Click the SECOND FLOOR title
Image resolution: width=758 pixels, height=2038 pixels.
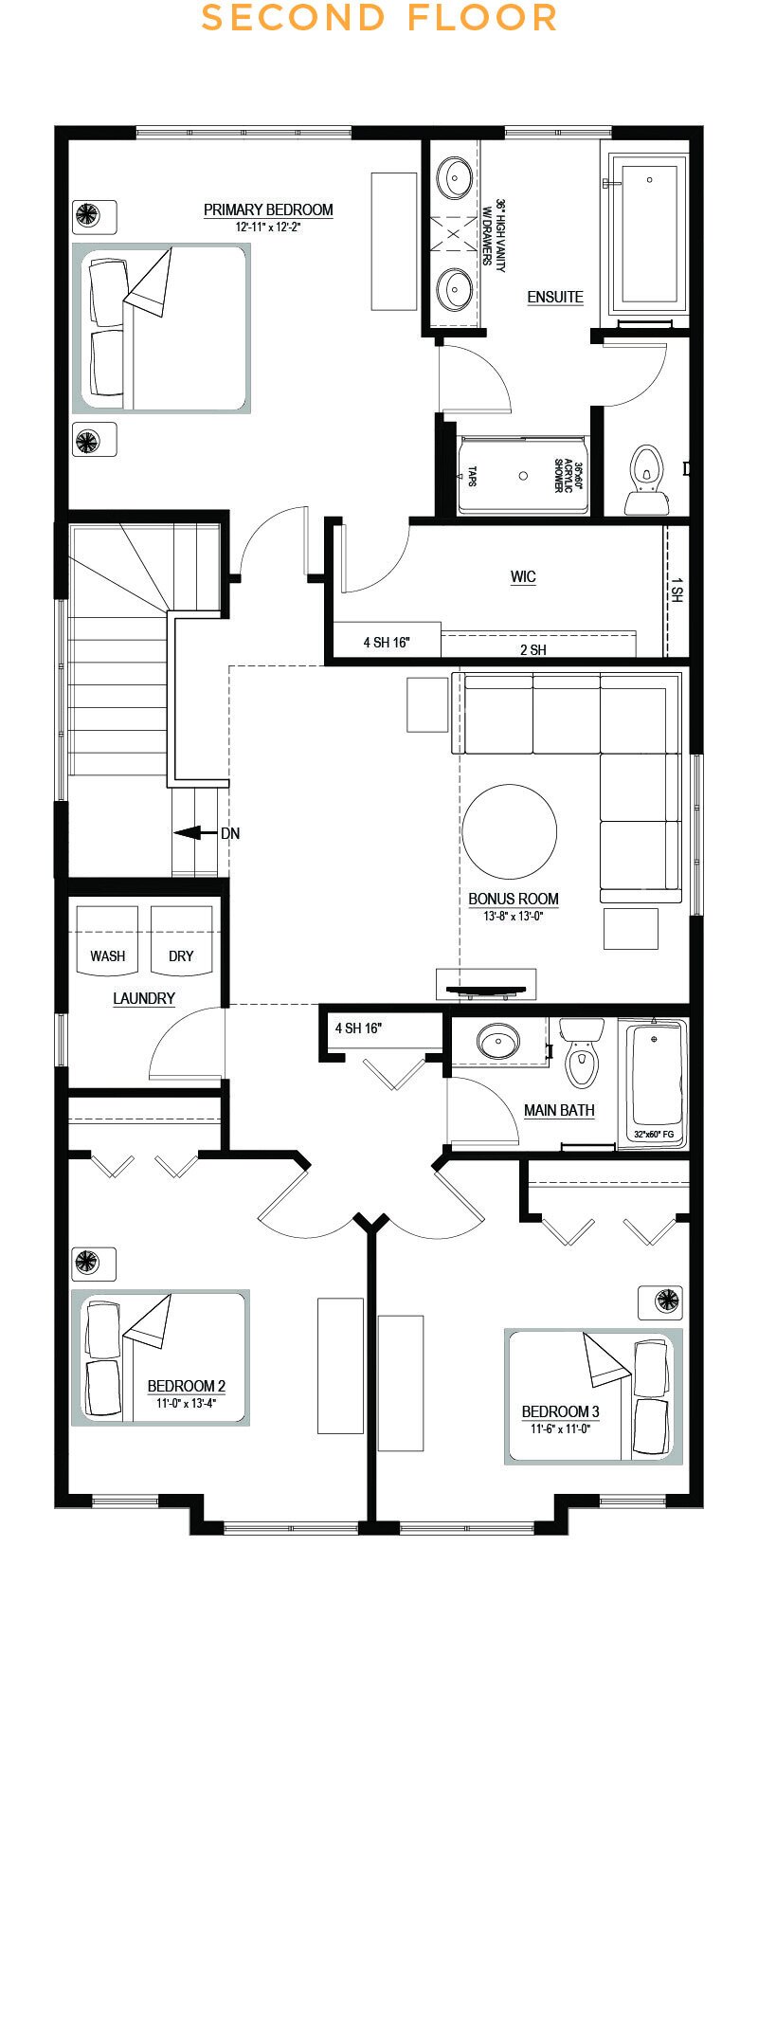379,18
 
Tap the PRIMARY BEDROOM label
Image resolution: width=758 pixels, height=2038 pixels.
268,209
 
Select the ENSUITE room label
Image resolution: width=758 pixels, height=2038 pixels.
555,297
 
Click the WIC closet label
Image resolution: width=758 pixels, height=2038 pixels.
523,576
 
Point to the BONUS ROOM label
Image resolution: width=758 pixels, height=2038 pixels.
514,899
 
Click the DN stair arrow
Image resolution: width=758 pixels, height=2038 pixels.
197,833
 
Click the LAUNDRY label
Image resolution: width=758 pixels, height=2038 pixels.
144,998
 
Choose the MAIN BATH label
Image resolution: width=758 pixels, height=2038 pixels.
559,1110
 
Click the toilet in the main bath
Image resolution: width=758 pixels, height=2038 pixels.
581,1053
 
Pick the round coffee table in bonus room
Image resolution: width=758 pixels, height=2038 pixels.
510,832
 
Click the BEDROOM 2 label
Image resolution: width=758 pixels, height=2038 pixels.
186,1386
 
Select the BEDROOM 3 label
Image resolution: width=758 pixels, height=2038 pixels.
560,1411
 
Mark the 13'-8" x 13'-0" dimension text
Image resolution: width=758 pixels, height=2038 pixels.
514,916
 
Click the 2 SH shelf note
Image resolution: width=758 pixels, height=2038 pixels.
532,649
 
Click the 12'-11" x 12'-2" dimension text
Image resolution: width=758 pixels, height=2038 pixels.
268,227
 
